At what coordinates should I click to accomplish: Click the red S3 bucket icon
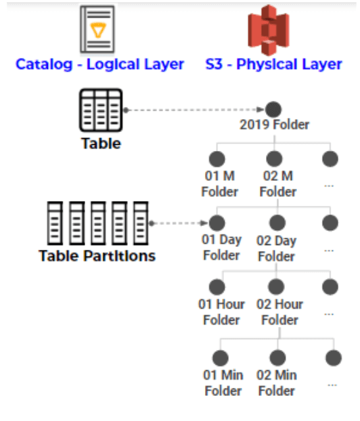(269, 30)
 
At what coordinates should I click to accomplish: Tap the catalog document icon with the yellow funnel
(97, 29)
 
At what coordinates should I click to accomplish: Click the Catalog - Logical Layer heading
(100, 64)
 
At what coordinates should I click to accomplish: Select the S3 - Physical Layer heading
(273, 64)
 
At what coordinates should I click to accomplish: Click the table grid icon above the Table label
(101, 110)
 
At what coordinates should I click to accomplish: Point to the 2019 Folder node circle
(273, 110)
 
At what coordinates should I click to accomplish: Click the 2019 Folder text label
(274, 125)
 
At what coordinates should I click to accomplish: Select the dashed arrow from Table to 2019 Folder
(194, 110)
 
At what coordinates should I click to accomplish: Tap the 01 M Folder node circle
(217, 159)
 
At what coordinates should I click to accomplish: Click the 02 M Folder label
(278, 184)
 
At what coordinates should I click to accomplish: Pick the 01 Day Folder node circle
(217, 223)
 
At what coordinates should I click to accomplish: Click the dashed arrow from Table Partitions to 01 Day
(179, 223)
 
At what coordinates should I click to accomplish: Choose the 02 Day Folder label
(277, 248)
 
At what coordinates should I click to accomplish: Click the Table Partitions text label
(97, 256)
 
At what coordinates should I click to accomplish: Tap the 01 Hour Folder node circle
(217, 287)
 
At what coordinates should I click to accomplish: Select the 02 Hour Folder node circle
(276, 287)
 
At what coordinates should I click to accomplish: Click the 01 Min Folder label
(223, 383)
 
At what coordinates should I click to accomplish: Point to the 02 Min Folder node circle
(277, 358)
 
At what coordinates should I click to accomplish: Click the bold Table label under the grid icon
(101, 143)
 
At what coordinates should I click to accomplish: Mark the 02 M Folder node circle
(274, 159)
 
